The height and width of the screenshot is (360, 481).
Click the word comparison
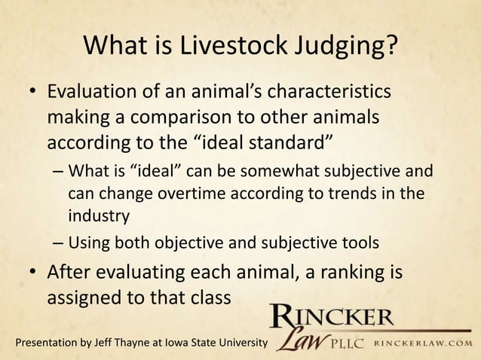pyautogui.click(x=198, y=118)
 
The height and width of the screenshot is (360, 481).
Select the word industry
pyautogui.click(x=99, y=216)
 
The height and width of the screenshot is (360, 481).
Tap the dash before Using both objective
pyautogui.click(x=58, y=243)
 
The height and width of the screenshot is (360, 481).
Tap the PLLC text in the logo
pyautogui.click(x=350, y=344)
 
